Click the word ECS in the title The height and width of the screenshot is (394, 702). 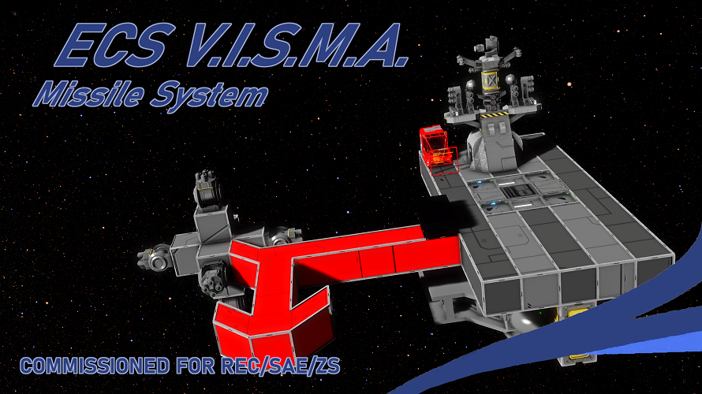coord(114,45)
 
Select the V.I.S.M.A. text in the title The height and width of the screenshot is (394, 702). coord(297,45)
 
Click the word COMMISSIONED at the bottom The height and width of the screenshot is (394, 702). coord(95,366)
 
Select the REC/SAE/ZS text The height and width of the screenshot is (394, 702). coord(281,366)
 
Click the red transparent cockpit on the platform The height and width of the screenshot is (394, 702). coord(437,147)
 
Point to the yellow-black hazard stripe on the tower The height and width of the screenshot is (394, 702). coord(494,115)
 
